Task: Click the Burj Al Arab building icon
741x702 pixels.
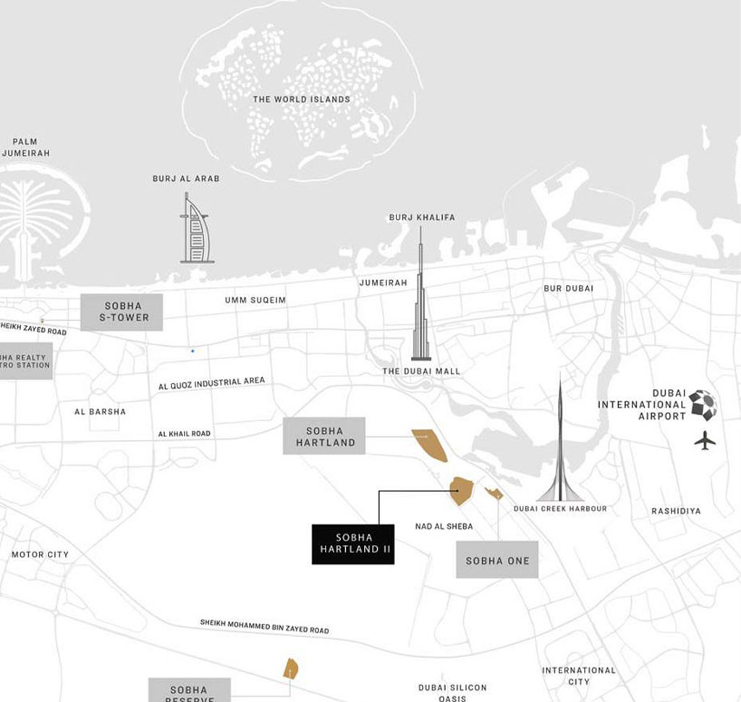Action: click(x=196, y=230)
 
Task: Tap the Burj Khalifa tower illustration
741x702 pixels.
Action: click(x=420, y=304)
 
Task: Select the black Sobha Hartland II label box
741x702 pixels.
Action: click(x=353, y=544)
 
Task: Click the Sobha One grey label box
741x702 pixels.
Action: click(x=497, y=560)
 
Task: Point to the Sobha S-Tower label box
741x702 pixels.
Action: click(x=122, y=312)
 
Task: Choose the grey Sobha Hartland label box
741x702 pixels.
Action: click(x=324, y=436)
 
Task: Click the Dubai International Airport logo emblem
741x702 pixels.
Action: click(x=703, y=405)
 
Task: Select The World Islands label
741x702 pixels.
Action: click(x=301, y=99)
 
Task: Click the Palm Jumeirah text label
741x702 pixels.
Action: click(x=25, y=147)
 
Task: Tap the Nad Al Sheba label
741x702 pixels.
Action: click(x=444, y=526)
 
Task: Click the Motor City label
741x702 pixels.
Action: click(x=40, y=554)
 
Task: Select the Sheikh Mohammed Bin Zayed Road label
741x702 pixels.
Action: click(x=264, y=626)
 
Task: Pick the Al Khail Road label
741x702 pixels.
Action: click(x=185, y=434)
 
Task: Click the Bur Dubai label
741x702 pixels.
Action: click(x=568, y=288)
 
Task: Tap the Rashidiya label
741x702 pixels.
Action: click(x=676, y=511)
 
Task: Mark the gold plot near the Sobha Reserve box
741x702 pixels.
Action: click(x=290, y=668)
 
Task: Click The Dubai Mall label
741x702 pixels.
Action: click(x=421, y=371)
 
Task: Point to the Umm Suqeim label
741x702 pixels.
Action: click(x=255, y=300)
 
